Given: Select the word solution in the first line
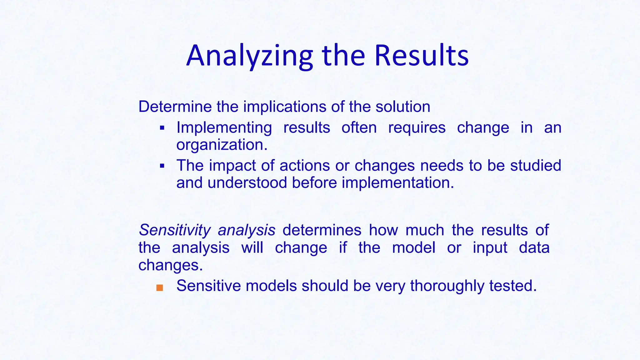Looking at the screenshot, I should point(403,107).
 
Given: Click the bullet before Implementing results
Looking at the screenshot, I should point(162,128).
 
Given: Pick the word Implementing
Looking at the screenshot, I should point(224,127).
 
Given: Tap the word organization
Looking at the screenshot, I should point(222,145).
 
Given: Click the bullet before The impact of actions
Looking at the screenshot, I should point(162,166).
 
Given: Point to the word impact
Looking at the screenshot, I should point(232,166).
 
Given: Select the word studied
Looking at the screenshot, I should point(536,165).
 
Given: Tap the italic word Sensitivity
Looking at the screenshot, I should point(175,230).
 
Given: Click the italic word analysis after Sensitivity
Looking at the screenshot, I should point(247,230).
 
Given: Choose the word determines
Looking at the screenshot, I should point(322,230).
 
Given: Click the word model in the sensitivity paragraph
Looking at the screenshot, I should point(413,248).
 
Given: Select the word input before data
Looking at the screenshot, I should point(490,248).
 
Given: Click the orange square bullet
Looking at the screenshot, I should point(160,288).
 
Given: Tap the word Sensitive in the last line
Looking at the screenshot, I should point(208,286).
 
